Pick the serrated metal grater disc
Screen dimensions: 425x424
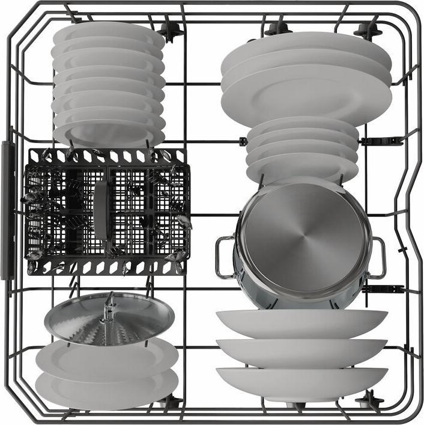tap(108, 321)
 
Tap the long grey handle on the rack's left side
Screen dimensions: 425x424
tap(8, 210)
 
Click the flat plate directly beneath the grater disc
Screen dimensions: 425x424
tap(106, 358)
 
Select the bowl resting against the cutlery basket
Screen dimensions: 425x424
tap(108, 133)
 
